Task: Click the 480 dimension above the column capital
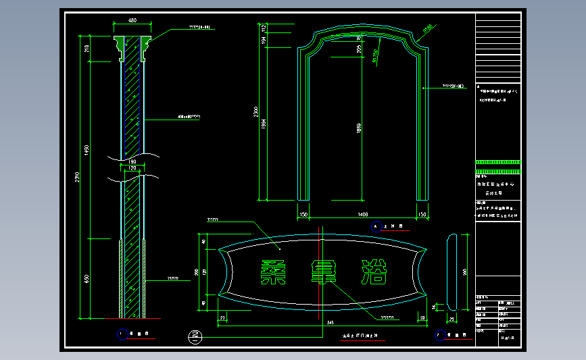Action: (x=132, y=20)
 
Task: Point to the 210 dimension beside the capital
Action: (x=87, y=48)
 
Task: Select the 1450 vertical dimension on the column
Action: (x=87, y=150)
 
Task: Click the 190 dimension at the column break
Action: (x=132, y=162)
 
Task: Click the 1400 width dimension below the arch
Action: (x=364, y=214)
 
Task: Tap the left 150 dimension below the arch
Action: (x=303, y=214)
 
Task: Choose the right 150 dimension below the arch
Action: (x=423, y=214)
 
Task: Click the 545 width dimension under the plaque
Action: (x=329, y=324)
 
